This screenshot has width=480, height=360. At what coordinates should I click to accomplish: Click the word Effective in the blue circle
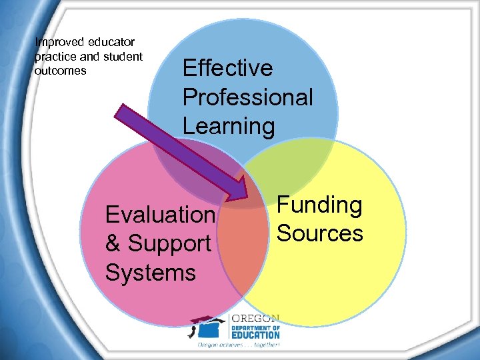pyautogui.click(x=227, y=68)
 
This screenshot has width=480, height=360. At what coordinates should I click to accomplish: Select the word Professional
pyautogui.click(x=247, y=97)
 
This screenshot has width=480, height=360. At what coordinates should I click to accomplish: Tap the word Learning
pyautogui.click(x=228, y=125)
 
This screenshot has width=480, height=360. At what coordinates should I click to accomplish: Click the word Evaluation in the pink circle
pyautogui.click(x=160, y=215)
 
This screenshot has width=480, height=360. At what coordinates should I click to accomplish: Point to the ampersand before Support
pyautogui.click(x=113, y=243)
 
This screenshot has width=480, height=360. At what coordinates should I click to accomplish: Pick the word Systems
pyautogui.click(x=151, y=272)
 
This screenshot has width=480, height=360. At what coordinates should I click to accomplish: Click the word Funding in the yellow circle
pyautogui.click(x=319, y=205)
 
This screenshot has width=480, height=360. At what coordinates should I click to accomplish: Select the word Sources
pyautogui.click(x=319, y=233)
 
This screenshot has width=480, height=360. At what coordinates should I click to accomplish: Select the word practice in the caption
pyautogui.click(x=56, y=57)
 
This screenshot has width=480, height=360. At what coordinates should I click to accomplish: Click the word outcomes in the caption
pyautogui.click(x=61, y=70)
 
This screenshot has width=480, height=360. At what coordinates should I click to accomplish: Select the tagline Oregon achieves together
pyautogui.click(x=237, y=345)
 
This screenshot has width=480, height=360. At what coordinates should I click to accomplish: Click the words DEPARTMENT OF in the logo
pyautogui.click(x=255, y=327)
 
